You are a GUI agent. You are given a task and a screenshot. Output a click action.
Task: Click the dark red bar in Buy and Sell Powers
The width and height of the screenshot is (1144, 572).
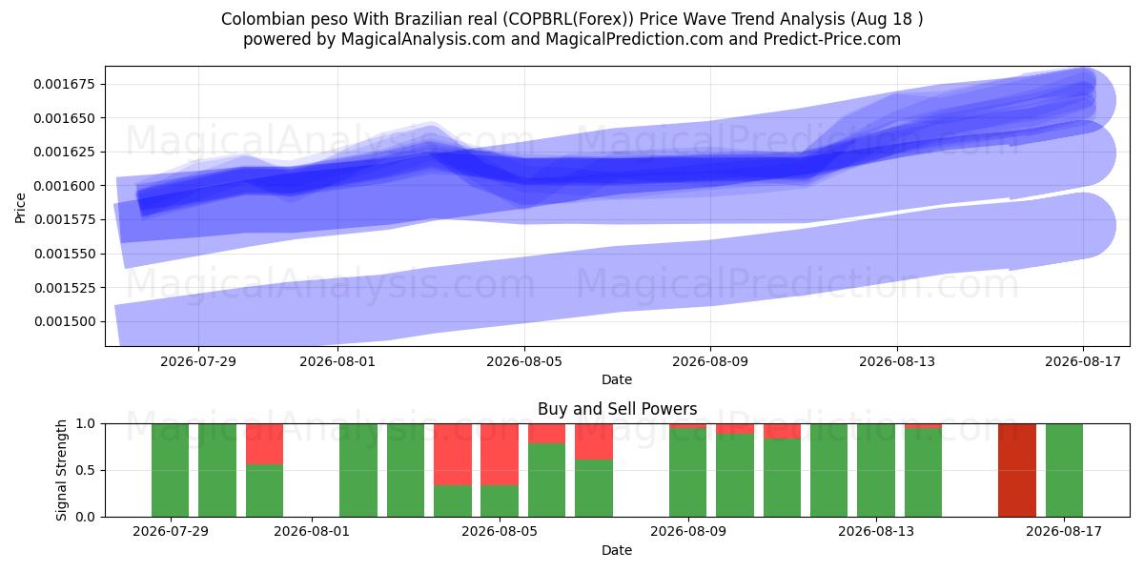(1017, 470)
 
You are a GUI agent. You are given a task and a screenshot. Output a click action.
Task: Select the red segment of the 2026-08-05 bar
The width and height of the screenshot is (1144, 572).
(500, 454)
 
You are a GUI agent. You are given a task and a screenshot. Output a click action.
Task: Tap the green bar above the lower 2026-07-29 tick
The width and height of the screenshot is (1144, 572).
(170, 470)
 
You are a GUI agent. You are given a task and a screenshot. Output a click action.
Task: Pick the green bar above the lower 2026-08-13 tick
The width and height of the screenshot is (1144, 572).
(876, 470)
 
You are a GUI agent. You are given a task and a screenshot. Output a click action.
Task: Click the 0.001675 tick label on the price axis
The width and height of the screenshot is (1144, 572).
(65, 84)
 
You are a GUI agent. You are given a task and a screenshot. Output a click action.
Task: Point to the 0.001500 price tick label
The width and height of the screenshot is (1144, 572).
(65, 322)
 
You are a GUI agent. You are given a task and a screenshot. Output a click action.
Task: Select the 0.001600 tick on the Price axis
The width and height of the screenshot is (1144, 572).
(65, 186)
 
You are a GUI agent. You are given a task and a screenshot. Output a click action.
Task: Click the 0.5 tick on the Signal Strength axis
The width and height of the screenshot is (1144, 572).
(85, 470)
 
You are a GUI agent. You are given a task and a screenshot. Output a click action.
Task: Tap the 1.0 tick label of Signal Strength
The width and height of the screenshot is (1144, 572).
(85, 423)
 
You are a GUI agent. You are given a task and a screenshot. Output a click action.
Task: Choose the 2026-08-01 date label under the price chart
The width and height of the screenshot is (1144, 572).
(337, 361)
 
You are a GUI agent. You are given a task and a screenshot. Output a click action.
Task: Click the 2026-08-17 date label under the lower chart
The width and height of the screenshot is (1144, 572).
(1064, 532)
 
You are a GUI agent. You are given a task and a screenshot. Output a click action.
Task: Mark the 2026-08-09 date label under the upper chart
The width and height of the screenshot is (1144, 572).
(710, 361)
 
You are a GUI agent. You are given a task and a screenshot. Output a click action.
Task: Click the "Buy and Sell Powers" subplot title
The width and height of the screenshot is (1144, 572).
(617, 409)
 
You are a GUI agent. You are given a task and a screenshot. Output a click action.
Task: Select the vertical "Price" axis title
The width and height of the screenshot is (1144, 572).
(20, 208)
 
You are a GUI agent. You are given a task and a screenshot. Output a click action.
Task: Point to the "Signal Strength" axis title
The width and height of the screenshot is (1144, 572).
(61, 470)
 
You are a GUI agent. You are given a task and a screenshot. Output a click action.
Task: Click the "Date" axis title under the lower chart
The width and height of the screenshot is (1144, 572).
(617, 550)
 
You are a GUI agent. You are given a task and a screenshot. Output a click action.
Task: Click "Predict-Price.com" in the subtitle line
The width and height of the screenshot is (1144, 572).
(832, 39)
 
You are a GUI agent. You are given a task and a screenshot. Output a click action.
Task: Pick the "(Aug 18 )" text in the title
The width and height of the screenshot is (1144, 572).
(887, 19)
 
